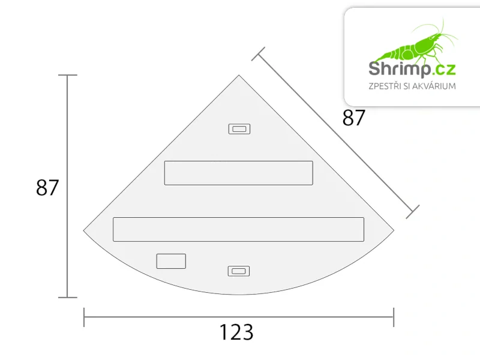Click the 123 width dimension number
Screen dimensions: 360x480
236,332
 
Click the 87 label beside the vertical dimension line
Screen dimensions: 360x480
47,188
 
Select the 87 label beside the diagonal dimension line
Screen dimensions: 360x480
353,118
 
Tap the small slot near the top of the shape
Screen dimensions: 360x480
239,129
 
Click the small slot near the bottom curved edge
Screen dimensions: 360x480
238,271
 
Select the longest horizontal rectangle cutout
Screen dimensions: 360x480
238,229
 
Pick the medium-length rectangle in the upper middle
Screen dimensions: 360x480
238,173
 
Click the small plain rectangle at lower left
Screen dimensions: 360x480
171,261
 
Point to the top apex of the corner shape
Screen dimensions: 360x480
239,76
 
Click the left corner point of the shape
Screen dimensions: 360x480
84,230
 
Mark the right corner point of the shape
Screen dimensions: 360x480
393,230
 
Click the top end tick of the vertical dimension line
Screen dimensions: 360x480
67,76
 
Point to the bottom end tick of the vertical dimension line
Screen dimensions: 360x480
67,297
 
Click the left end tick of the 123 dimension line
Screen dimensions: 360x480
84,317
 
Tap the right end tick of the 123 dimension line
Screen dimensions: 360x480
394,317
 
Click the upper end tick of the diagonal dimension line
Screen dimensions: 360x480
259,54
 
